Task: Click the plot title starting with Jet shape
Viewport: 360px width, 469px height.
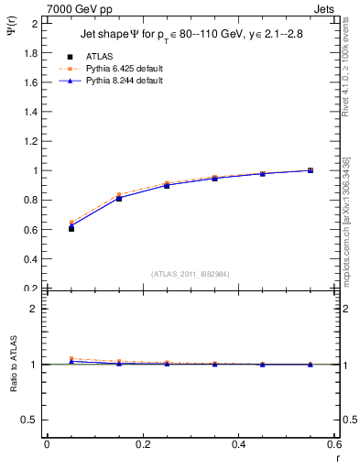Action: pos(190,37)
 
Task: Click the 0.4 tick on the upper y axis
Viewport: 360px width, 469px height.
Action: pos(31,259)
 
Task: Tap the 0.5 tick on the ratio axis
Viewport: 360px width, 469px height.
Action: pos(31,420)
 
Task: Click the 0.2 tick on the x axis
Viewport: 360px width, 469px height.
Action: pos(143,445)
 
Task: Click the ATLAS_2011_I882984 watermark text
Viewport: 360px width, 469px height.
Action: pos(191,274)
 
